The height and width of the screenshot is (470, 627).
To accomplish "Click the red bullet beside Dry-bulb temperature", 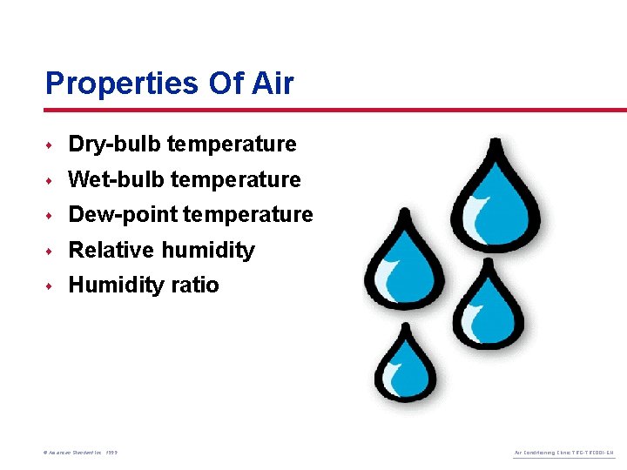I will (x=51, y=144).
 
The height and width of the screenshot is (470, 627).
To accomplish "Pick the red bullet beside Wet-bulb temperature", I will (x=51, y=180).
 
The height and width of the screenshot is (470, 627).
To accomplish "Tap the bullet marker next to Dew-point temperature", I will (x=51, y=215).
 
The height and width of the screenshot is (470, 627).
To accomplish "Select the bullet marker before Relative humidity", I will (x=51, y=251).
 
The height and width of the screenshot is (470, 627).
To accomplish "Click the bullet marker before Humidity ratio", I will (x=51, y=285).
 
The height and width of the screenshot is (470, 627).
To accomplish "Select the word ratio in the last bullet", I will (x=196, y=285).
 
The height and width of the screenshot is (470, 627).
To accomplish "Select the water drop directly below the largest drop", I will (x=489, y=305).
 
